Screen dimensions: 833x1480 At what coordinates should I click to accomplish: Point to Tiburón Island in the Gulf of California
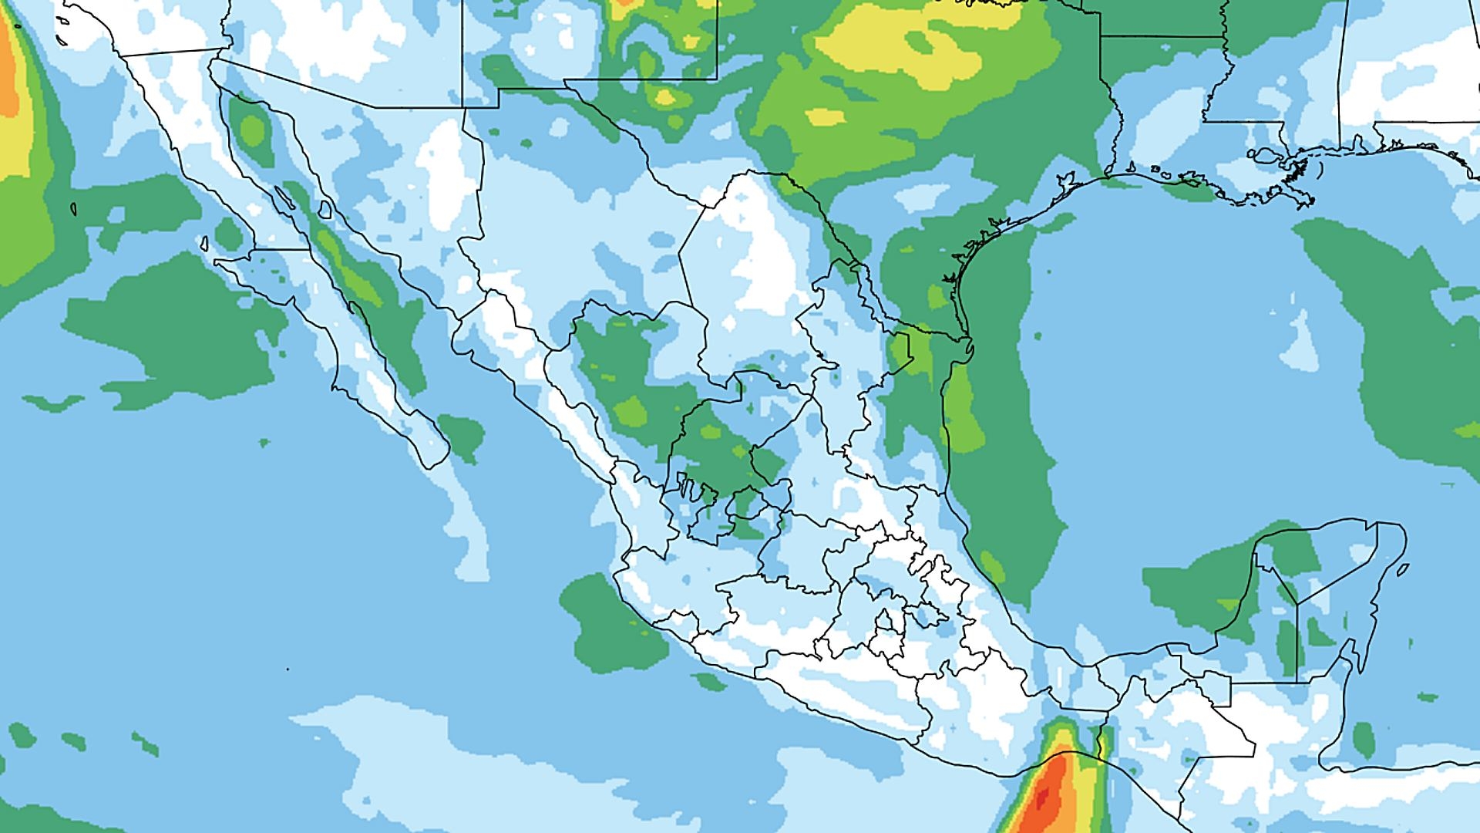coord(325,209)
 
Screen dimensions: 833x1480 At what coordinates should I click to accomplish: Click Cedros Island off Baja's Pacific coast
coord(205,243)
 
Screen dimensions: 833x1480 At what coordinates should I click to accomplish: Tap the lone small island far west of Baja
coord(74,208)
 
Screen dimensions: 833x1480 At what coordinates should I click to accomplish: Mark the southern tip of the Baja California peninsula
coord(432,464)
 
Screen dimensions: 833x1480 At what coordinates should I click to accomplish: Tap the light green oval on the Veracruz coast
coord(992,567)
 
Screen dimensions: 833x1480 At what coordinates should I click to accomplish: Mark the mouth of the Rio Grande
coord(968,339)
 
